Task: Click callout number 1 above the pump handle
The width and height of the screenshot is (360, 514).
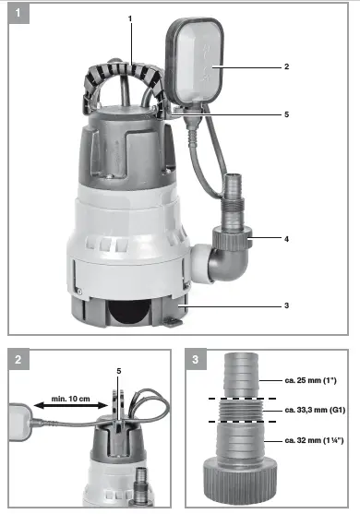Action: tap(130, 19)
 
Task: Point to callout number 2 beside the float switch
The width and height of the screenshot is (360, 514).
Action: tap(287, 67)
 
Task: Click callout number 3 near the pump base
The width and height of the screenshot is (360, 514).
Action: tap(286, 305)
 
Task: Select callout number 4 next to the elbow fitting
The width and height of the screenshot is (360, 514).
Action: tap(287, 239)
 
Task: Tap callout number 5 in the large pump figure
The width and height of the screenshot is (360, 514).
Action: tap(287, 114)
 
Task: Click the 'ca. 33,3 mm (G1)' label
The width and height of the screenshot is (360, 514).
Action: tap(314, 409)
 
